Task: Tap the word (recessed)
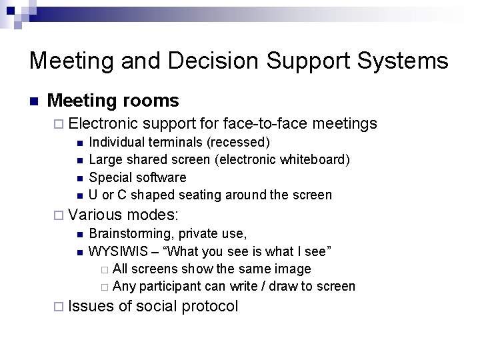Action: [239, 142]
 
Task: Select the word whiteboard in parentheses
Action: [313, 159]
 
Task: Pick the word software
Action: [162, 177]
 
